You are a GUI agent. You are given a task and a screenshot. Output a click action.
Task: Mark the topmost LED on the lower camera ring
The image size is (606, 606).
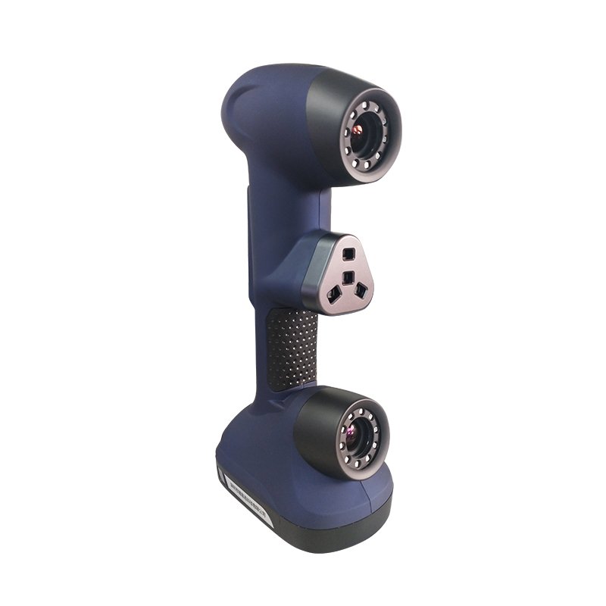[x=362, y=405]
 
